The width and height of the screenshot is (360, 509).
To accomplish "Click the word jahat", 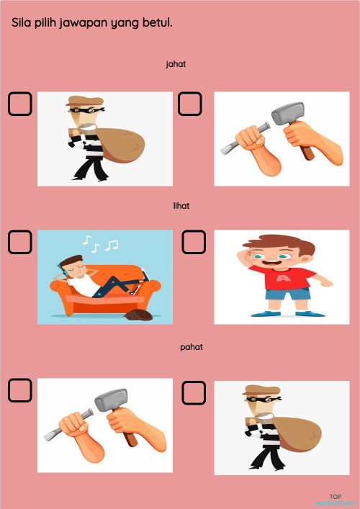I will pyautogui.click(x=176, y=64).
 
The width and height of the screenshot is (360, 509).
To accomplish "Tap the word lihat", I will pyautogui.click(x=181, y=205).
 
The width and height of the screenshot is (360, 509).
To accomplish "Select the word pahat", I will pyautogui.click(x=191, y=347).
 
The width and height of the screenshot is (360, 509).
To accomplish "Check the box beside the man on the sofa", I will pyautogui.click(x=20, y=242).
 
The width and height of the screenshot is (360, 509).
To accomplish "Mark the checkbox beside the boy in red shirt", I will pyautogui.click(x=194, y=242).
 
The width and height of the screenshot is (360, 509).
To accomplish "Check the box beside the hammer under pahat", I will pyautogui.click(x=20, y=390).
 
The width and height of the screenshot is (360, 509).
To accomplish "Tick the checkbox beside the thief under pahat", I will pyautogui.click(x=194, y=392).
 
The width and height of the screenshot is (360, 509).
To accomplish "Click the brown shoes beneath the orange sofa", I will pyautogui.click(x=136, y=315).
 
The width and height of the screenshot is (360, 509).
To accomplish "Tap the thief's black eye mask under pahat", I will pyautogui.click(x=258, y=399).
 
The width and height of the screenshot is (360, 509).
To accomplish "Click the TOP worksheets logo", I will pyautogui.click(x=335, y=499).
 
